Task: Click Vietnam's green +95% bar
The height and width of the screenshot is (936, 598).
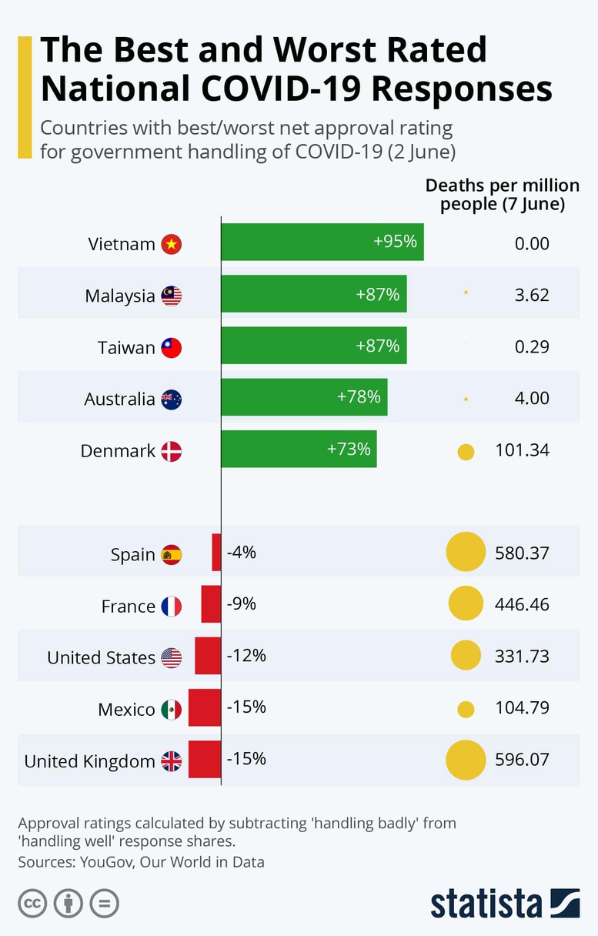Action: pyautogui.click(x=322, y=242)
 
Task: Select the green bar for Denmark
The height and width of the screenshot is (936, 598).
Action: pyautogui.click(x=299, y=449)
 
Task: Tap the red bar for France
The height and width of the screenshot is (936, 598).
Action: pyautogui.click(x=211, y=604)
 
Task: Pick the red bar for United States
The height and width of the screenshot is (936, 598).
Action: pyautogui.click(x=208, y=656)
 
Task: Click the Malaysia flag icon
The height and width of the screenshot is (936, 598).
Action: pyautogui.click(x=172, y=296)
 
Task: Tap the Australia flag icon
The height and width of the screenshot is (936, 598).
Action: pyautogui.click(x=172, y=399)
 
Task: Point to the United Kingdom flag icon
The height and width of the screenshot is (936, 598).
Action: pyautogui.click(x=172, y=761)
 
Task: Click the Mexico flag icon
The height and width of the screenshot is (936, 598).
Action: pyautogui.click(x=172, y=709)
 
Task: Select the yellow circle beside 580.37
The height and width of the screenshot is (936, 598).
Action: pyautogui.click(x=466, y=553)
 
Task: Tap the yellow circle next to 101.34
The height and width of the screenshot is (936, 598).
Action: pyautogui.click(x=466, y=452)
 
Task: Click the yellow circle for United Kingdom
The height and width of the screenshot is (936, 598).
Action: pyautogui.click(x=466, y=760)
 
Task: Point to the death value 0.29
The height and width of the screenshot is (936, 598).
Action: pyautogui.click(x=532, y=347)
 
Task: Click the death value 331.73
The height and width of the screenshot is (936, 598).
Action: pyautogui.click(x=522, y=657)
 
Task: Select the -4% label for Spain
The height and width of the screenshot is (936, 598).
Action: pyautogui.click(x=242, y=553)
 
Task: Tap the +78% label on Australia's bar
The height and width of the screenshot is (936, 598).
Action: pyautogui.click(x=359, y=397)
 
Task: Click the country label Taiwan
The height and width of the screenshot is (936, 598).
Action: pyautogui.click(x=126, y=348)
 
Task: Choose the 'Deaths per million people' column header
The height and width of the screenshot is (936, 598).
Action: pyautogui.click(x=502, y=195)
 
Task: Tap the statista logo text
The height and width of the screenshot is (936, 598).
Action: pyautogui.click(x=486, y=903)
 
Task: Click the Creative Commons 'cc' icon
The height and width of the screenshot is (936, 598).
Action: pyautogui.click(x=32, y=902)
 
